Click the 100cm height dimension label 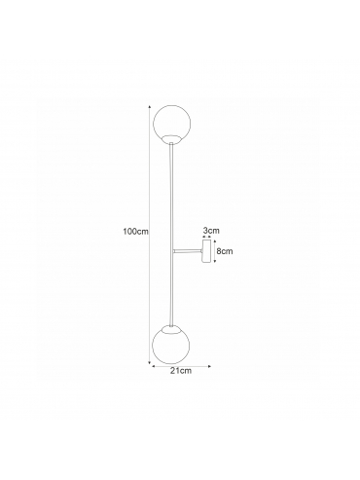click(135, 232)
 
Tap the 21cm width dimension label click(181, 371)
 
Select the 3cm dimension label click(211, 231)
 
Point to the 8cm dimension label click(225, 251)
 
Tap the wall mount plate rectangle click(206, 251)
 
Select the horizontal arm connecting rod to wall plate click(188, 250)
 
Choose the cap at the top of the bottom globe click(170, 328)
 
